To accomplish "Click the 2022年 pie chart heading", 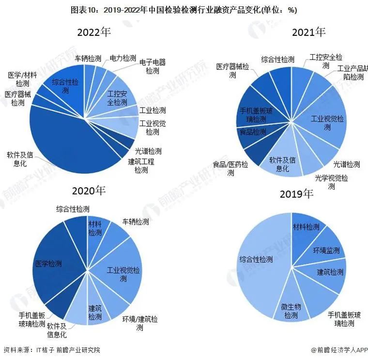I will tap(94, 33).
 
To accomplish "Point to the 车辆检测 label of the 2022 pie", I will tap(88, 59).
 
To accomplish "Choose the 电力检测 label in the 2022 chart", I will tap(123, 58).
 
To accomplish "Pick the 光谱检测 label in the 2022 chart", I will tap(148, 151).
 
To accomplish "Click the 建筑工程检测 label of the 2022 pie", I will tap(141, 165).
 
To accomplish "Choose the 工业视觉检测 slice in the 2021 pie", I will tap(327, 123).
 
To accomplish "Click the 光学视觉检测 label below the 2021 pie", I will tap(331, 182).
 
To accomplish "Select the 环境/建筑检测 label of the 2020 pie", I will tap(139, 323).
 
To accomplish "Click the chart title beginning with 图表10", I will tap(184, 9).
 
